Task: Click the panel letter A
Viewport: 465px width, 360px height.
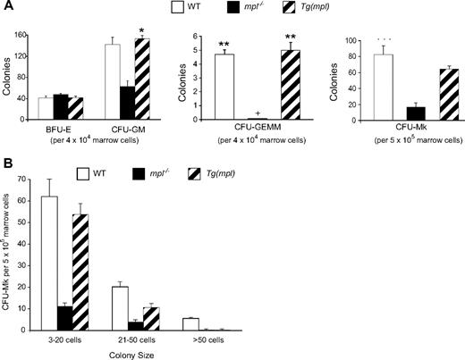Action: point(7,8)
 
